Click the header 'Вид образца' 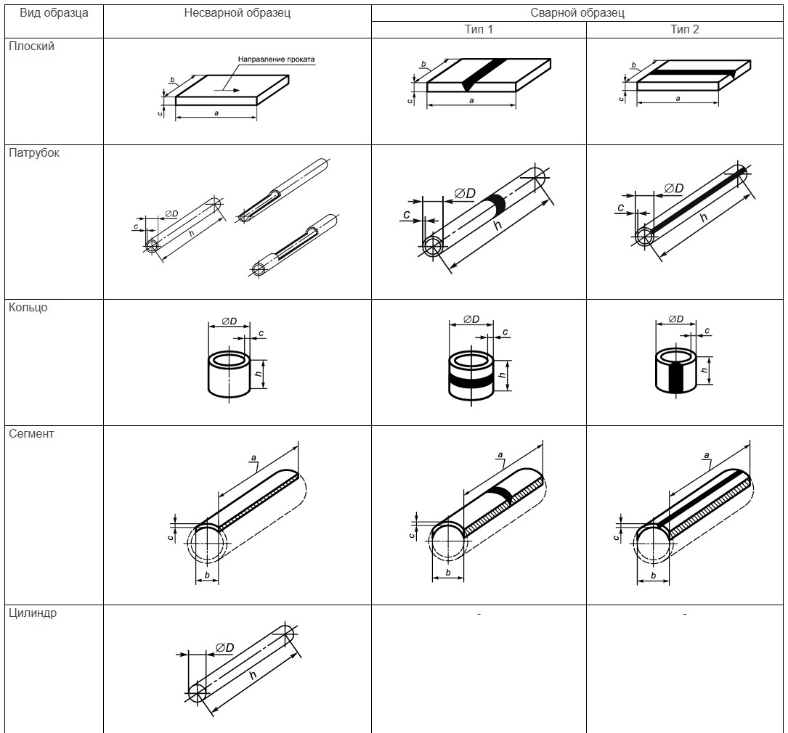point(54,13)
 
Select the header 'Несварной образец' point(237,13)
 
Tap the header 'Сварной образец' point(577,13)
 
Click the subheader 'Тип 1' point(479,30)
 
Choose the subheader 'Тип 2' point(684,30)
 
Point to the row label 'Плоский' point(32,46)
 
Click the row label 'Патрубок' point(33,153)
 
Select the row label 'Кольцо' point(28,307)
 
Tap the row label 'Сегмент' point(31,434)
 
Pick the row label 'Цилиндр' point(33,613)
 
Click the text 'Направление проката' point(277,60)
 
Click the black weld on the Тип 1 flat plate point(484,74)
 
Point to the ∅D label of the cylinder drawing point(224,647)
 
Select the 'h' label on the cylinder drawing point(253,675)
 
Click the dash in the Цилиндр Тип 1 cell point(479,614)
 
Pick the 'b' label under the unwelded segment point(207,576)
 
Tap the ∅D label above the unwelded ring point(230,322)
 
